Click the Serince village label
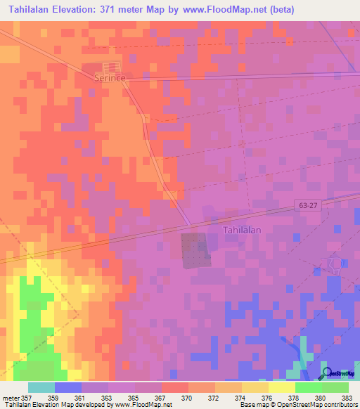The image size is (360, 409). [110, 79]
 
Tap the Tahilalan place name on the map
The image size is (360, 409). [243, 230]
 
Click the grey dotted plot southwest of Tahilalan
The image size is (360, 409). [196, 250]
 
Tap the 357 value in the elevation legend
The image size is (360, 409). [22, 398]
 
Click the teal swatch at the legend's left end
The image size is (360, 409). [41, 387]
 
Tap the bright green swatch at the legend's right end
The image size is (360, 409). [335, 387]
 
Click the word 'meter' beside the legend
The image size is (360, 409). [10, 398]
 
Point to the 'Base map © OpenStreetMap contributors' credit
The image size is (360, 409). [297, 405]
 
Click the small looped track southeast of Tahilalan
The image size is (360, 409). [330, 264]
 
